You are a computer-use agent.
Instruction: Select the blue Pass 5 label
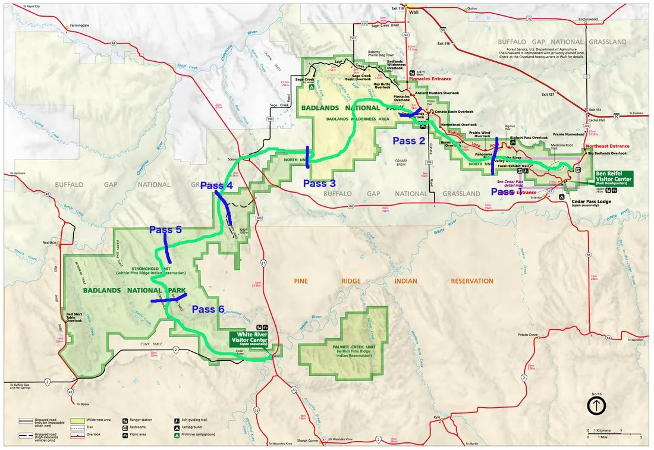pyautogui.click(x=165, y=229)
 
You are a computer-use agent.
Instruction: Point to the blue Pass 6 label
pyautogui.click(x=207, y=309)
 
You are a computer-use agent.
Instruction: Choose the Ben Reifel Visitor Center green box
pyautogui.click(x=617, y=178)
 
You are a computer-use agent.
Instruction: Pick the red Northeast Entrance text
pyautogui.click(x=607, y=146)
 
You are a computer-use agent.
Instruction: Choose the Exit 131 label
pyautogui.click(x=595, y=110)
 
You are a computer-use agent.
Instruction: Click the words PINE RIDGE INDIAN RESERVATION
pyautogui.click(x=392, y=281)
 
